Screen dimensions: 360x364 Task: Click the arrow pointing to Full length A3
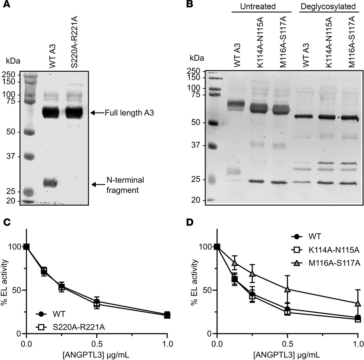coord(97,113)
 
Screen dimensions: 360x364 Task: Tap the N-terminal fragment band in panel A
coord(51,183)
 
